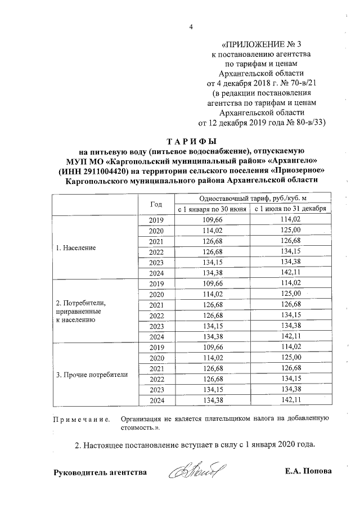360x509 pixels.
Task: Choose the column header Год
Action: (156, 204)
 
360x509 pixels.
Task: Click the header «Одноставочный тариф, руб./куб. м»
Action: (251, 199)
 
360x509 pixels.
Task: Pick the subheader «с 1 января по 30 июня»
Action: (212, 210)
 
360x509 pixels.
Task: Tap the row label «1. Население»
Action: (75, 247)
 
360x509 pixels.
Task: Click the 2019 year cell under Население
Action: (156, 220)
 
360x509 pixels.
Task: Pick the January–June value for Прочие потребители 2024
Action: (212, 400)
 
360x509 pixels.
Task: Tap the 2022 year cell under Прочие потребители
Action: (156, 379)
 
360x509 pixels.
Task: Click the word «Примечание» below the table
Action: (80, 420)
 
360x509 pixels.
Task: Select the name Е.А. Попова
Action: (308, 471)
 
